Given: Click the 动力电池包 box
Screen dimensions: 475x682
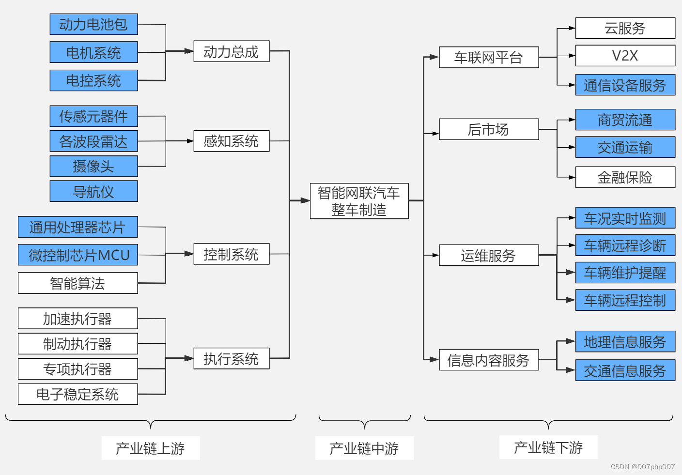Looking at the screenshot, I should coord(93,24).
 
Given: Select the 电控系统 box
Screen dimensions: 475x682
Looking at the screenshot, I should coord(93,80).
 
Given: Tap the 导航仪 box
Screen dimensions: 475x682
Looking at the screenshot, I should coord(93,191).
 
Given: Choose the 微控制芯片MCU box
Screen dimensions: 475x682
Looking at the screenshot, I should coord(77,255).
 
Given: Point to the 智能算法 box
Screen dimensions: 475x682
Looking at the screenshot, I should coord(77,283).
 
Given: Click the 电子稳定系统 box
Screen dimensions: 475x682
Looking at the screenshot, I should coord(77,394).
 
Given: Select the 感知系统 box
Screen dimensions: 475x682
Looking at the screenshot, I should coord(231,141).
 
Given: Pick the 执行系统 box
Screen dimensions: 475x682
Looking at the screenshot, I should coord(231,359).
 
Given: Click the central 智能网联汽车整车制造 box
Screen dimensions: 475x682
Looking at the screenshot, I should coord(359,201).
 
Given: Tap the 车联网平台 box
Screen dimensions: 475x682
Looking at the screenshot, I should coord(488,58).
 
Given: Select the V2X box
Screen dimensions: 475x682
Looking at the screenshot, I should coord(625,56).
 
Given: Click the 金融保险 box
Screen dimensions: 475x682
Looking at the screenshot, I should coord(625,177).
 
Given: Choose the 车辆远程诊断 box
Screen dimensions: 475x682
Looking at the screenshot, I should coord(625,245).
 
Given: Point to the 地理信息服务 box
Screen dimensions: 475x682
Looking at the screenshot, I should coord(625,342).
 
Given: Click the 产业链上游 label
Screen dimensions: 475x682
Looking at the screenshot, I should coord(150,448).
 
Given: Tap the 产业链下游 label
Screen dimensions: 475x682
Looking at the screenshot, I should coord(548,447).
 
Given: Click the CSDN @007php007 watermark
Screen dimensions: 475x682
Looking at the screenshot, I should coord(642,467).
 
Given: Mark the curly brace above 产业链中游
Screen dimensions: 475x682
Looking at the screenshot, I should coord(364,421).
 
